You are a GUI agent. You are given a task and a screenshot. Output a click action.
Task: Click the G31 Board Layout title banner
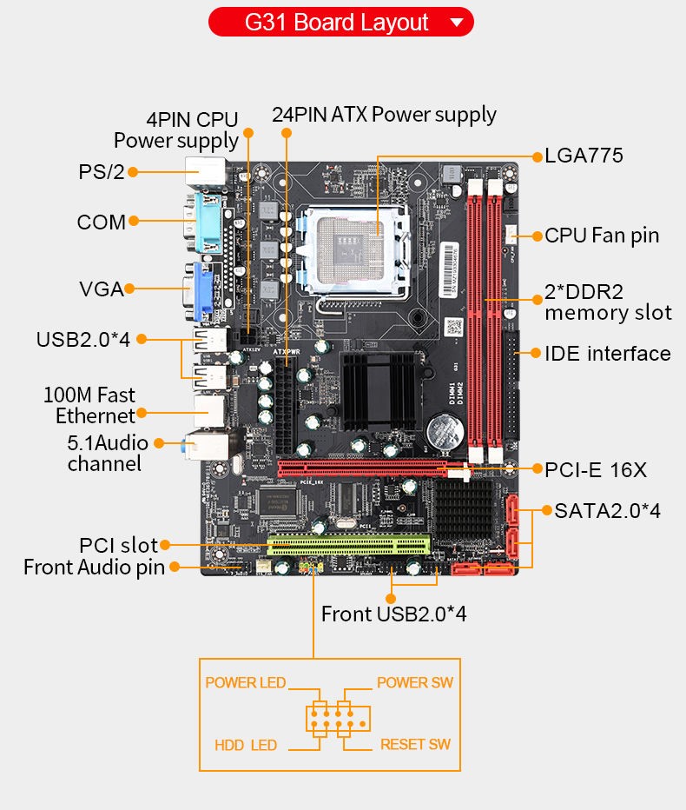coord(340,23)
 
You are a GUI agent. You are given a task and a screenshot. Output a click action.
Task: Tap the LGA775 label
coord(584,156)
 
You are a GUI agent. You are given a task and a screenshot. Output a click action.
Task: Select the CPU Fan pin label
coord(602,236)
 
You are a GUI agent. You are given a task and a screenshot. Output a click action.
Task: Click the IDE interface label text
coord(608,354)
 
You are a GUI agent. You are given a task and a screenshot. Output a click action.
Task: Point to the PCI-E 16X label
coord(596,469)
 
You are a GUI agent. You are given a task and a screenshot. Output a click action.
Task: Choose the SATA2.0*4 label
coord(608,511)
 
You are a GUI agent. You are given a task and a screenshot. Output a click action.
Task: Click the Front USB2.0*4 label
coord(394,614)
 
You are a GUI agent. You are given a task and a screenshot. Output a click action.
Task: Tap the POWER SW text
coord(415,682)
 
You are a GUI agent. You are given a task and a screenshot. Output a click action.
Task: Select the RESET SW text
coord(416,745)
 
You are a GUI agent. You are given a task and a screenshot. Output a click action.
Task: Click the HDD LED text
coord(246,745)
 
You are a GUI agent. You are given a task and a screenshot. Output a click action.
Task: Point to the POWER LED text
coord(246,682)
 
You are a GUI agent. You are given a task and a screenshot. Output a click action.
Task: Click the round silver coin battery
coord(445,431)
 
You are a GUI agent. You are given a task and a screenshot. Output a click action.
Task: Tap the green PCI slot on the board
coord(348,544)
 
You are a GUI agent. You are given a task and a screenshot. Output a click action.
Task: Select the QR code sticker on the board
coord(454,327)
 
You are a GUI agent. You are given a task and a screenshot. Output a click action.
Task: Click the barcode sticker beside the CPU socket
coord(449,269)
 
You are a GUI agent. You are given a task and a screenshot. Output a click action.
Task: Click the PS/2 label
coord(102,172)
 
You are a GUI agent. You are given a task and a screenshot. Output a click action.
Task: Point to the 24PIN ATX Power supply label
coord(384,115)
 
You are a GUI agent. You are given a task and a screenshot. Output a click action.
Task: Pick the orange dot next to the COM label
coord(134,221)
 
